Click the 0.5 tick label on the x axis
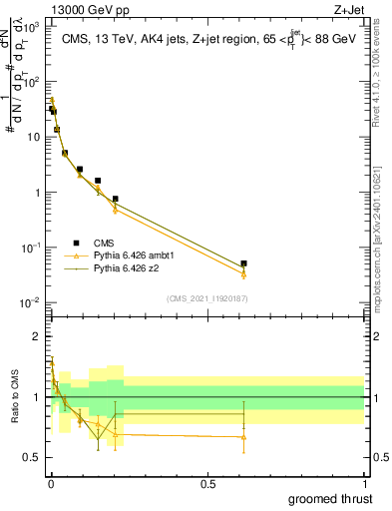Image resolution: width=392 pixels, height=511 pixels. click(x=206, y=483)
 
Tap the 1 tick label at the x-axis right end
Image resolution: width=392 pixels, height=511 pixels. click(x=363, y=483)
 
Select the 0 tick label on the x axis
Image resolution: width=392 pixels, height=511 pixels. click(x=50, y=483)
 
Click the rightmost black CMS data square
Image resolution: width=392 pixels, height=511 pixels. click(x=244, y=263)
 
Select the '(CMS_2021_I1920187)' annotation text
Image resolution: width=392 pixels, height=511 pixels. click(x=207, y=298)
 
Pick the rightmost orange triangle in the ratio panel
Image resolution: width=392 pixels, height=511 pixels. click(x=244, y=436)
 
